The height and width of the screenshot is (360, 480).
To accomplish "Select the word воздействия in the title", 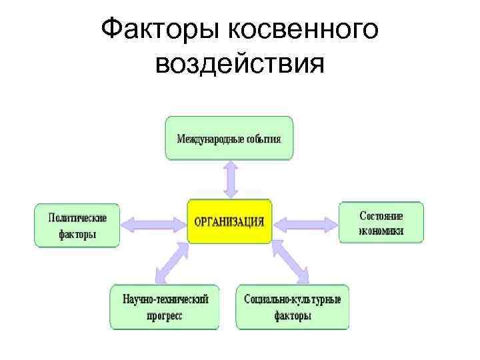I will [x=239, y=65].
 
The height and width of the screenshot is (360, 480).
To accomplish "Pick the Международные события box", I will [x=229, y=139].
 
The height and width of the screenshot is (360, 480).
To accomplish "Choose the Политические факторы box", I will [x=77, y=225].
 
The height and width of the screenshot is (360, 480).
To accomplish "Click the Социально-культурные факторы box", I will [x=292, y=307].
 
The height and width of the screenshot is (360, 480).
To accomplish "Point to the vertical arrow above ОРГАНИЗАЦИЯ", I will [x=230, y=179].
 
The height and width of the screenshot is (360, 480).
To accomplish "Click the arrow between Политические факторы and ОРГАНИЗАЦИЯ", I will [x=153, y=224].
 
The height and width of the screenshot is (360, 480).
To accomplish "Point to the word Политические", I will [x=77, y=217].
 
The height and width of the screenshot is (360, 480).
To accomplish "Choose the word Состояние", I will [x=381, y=216].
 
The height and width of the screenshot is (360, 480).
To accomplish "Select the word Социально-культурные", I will [x=292, y=299].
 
